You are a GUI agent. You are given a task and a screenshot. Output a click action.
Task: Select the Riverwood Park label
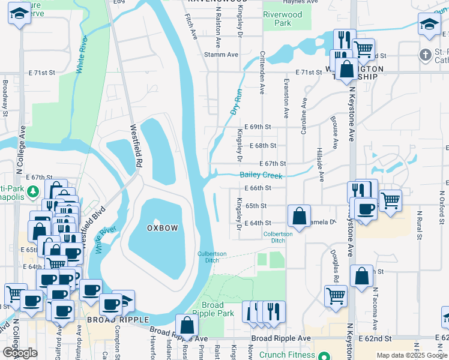pyautogui.click(x=283, y=19)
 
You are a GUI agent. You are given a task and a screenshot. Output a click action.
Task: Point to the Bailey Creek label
pyautogui.click(x=261, y=175)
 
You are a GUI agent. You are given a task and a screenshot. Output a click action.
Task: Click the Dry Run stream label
pyautogui.click(x=236, y=103)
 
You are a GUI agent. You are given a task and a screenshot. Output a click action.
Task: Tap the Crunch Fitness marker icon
pyautogui.click(x=325, y=355)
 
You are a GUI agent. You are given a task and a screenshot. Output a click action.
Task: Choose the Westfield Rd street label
pyautogui.click(x=137, y=145)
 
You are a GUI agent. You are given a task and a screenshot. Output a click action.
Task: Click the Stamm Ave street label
pyautogui.click(x=221, y=55)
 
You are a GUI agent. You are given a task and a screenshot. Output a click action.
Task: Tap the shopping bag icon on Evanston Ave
pyautogui.click(x=299, y=215)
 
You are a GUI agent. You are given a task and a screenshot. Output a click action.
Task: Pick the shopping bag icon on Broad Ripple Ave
pyautogui.click(x=187, y=325)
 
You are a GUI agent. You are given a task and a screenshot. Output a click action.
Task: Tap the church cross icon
pyautogui.click(x=426, y=55)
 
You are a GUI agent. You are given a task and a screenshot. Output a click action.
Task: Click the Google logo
pyautogui.click(x=20, y=352)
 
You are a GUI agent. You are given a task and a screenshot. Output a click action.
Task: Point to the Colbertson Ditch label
pyautogui.click(x=278, y=237)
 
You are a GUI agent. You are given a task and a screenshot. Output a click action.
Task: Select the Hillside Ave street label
pyautogui.click(x=321, y=165)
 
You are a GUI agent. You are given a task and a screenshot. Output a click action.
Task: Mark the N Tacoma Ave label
pyautogui.click(x=375, y=308)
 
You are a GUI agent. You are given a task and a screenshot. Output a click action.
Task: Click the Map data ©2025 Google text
pyautogui.click(x=412, y=355)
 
